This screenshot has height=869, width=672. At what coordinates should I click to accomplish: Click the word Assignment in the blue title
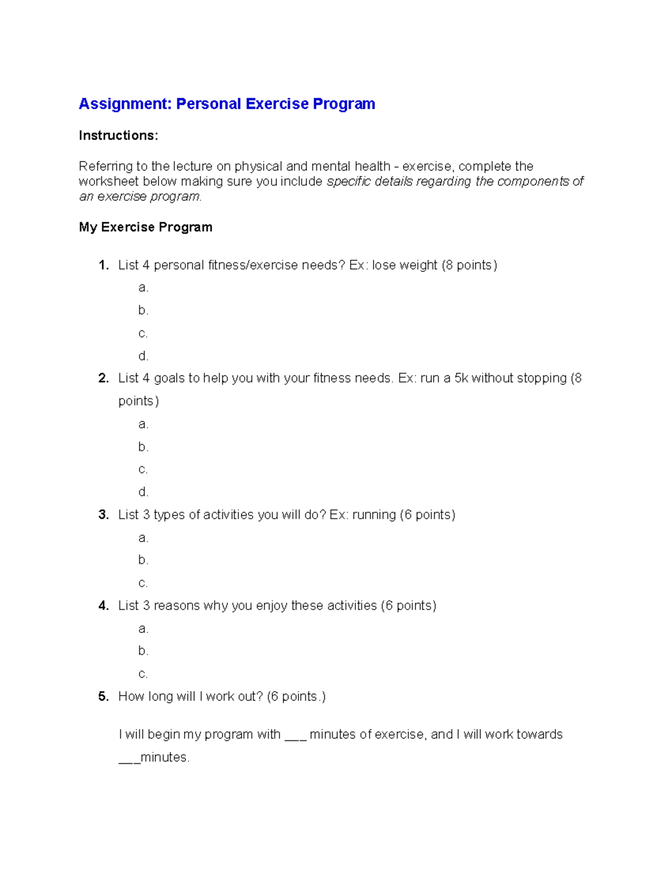[125, 104]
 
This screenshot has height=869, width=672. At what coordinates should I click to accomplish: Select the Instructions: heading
[118, 135]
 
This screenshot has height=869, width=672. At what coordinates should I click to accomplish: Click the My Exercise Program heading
[146, 227]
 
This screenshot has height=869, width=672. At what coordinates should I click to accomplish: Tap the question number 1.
[103, 265]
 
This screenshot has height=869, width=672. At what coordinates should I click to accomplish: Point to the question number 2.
[103, 378]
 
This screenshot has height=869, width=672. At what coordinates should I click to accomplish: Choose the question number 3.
[103, 515]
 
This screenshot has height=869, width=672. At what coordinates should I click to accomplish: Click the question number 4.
[103, 605]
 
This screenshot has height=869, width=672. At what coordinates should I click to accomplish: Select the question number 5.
[103, 697]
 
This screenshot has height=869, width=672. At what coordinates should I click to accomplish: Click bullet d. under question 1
[143, 356]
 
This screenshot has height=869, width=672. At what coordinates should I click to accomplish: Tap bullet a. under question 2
[143, 424]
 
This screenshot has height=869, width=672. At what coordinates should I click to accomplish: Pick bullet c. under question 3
[143, 583]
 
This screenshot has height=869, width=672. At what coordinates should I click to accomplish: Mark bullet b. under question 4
[143, 651]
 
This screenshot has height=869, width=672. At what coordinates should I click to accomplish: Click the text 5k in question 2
[461, 378]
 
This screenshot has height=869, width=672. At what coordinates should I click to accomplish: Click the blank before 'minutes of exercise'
[295, 735]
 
